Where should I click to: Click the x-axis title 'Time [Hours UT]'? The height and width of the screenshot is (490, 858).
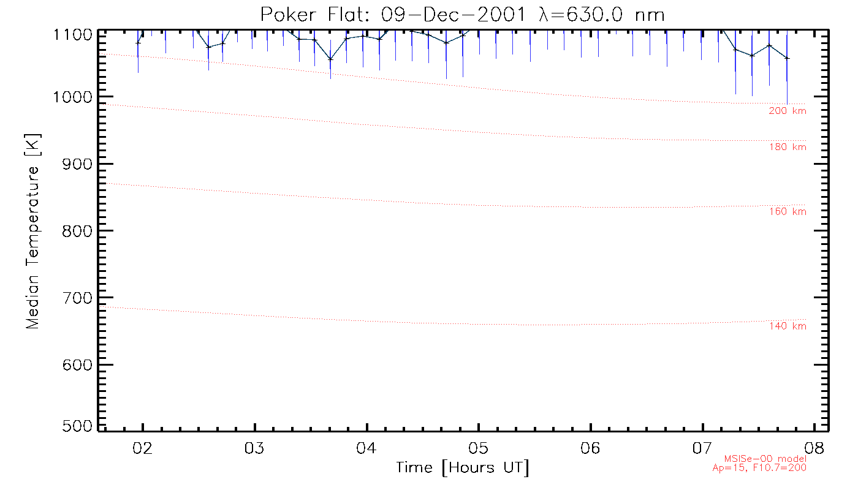(463, 468)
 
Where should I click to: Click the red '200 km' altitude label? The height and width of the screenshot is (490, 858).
(788, 111)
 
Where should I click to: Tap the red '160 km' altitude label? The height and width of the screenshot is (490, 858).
(788, 212)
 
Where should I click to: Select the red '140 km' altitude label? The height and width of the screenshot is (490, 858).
(788, 326)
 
